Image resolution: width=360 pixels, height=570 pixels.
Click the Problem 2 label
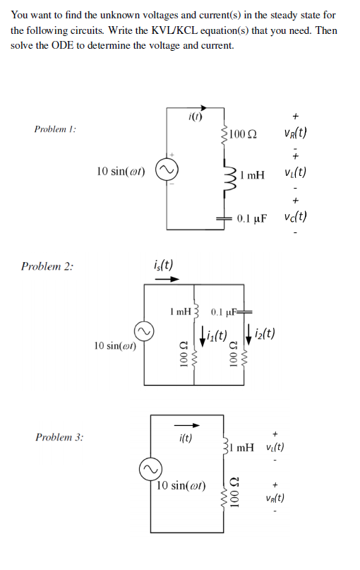tap(47, 266)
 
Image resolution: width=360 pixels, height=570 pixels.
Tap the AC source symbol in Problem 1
tap(167, 171)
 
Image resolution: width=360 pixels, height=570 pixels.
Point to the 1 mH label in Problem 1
tap(252, 174)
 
